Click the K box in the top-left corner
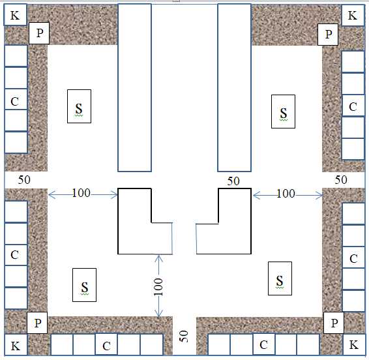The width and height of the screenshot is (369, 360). click(x=15, y=14)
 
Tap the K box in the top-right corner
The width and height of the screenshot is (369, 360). click(x=353, y=15)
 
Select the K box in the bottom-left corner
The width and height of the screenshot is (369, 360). click(x=16, y=345)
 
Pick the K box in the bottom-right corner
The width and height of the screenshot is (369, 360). click(x=354, y=345)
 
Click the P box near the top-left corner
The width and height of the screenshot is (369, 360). click(x=39, y=33)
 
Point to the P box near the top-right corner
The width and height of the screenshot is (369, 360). click(x=328, y=35)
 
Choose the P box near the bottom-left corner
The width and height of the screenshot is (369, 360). click(x=37, y=323)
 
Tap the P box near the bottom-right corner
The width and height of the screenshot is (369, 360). click(x=334, y=323)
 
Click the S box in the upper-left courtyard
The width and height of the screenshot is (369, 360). click(x=79, y=106)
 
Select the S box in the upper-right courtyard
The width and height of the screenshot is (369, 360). click(x=283, y=112)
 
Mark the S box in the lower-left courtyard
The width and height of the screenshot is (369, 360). click(x=85, y=285)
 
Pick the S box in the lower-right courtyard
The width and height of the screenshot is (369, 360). click(x=280, y=278)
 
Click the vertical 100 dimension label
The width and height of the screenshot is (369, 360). click(x=158, y=287)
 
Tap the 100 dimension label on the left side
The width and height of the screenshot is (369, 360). click(x=81, y=193)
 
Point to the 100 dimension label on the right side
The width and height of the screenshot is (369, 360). click(x=286, y=194)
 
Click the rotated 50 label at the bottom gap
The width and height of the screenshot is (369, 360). click(x=184, y=337)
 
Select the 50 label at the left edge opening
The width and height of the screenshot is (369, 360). click(x=24, y=180)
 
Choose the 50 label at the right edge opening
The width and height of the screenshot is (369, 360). click(x=341, y=180)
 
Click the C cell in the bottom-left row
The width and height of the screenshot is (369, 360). click(x=106, y=344)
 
